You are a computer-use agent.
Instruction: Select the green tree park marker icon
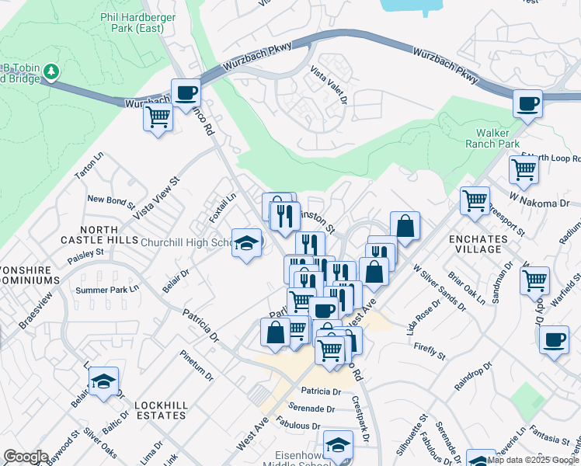coord(52,72)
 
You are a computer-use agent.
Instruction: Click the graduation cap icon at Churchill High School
coord(247,243)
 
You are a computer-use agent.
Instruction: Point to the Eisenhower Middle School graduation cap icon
coord(338,446)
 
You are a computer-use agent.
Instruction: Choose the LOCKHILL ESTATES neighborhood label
coord(160,410)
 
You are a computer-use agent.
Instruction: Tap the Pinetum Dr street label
coord(196,366)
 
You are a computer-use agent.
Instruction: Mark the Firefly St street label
coord(430,350)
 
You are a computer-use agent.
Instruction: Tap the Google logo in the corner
coord(26,457)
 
